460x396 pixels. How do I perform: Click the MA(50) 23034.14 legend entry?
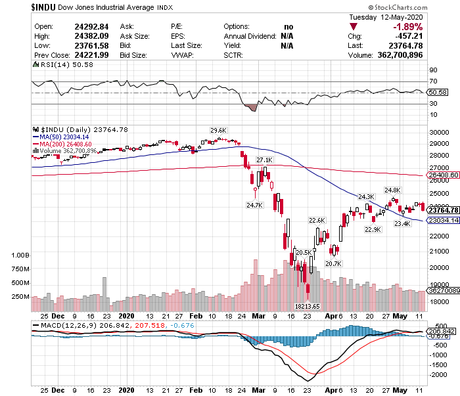tap(65, 137)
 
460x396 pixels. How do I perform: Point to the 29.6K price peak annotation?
tap(218, 130)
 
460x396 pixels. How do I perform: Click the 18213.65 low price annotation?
tap(308, 306)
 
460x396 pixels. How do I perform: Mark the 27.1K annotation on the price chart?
tap(264, 160)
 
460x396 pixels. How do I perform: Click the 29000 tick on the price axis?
tap(438, 144)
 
